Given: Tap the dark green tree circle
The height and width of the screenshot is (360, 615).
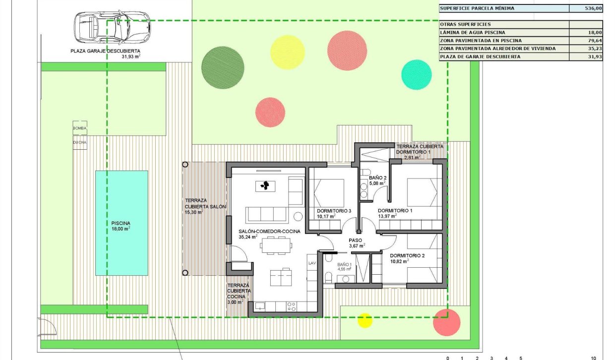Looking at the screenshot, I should pos(223,67).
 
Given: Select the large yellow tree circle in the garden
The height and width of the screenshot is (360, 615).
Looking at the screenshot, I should pos(287,52).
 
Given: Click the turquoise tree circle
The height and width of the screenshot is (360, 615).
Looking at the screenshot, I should pos(416,74).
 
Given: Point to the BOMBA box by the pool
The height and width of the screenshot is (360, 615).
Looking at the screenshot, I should pos(79,128).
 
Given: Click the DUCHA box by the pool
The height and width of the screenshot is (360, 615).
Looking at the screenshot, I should pos(79,142).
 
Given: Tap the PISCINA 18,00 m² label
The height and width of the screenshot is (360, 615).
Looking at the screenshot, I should pos(121,226).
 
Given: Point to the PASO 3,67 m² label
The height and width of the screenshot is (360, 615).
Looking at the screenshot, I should pos(357,242).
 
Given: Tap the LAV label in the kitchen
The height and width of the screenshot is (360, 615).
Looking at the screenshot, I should pos(312,263).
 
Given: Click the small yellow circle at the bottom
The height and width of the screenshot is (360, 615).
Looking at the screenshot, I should pos(365,320).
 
